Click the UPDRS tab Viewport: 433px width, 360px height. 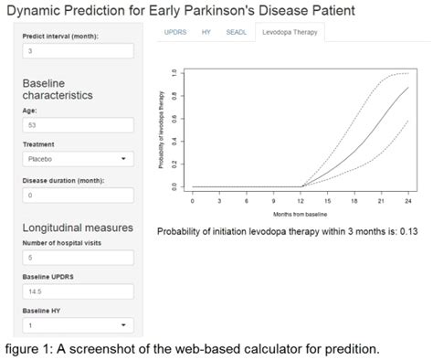click(x=175, y=32)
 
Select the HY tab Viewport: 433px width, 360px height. click(x=206, y=32)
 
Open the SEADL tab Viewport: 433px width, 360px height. click(x=236, y=32)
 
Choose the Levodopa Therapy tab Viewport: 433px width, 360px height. click(x=287, y=32)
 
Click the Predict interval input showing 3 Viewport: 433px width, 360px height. click(x=78, y=52)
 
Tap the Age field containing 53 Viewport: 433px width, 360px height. click(x=78, y=125)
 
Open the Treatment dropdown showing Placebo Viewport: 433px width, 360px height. click(x=78, y=158)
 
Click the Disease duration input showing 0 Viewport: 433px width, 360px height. click(x=78, y=195)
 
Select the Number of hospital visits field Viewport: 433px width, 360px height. click(x=78, y=258)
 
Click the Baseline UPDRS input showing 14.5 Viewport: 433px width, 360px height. click(x=78, y=291)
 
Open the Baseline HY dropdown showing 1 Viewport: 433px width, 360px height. click(x=78, y=324)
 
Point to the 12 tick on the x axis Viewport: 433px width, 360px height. click(x=302, y=198)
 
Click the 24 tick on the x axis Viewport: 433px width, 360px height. click(x=407, y=198)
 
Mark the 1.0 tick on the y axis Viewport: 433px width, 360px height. click(x=173, y=73)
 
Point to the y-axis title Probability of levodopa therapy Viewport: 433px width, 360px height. click(x=161, y=130)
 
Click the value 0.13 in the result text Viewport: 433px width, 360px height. click(x=408, y=231)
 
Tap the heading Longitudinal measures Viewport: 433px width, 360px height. click(x=78, y=228)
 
